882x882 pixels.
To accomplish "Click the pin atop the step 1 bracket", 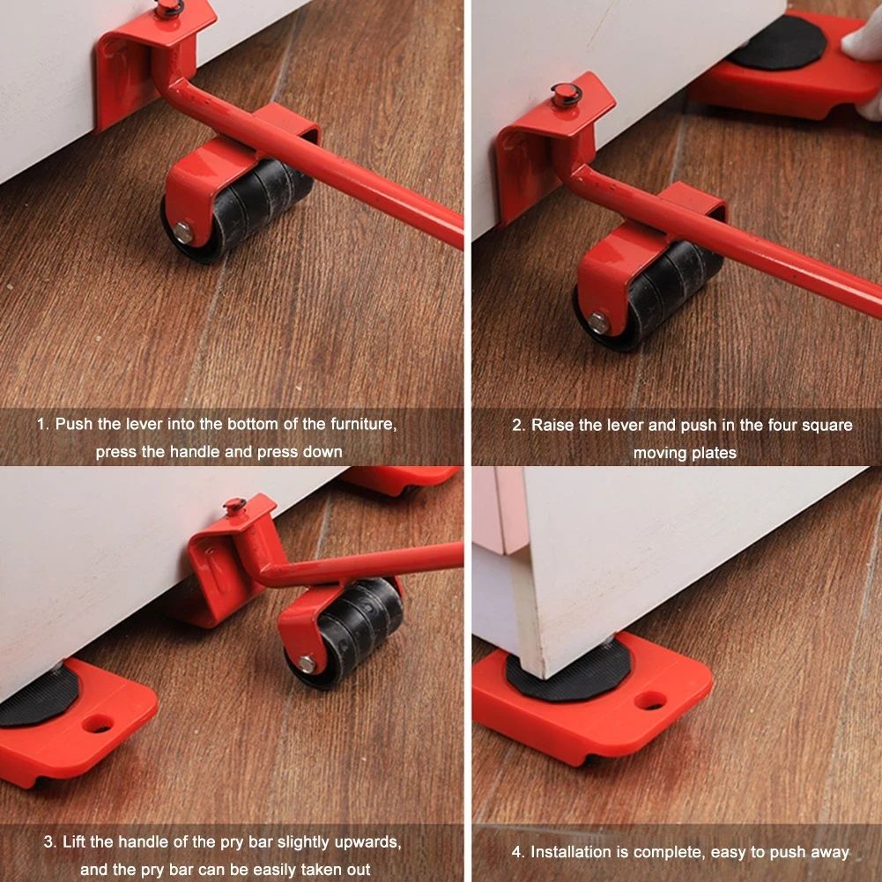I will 168,8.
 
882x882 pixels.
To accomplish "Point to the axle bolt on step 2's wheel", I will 599,322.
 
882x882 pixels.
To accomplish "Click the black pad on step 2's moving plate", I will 775,45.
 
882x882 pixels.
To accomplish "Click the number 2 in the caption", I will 517,426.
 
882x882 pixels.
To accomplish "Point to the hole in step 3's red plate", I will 99,724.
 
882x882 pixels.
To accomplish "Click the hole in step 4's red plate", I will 650,700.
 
